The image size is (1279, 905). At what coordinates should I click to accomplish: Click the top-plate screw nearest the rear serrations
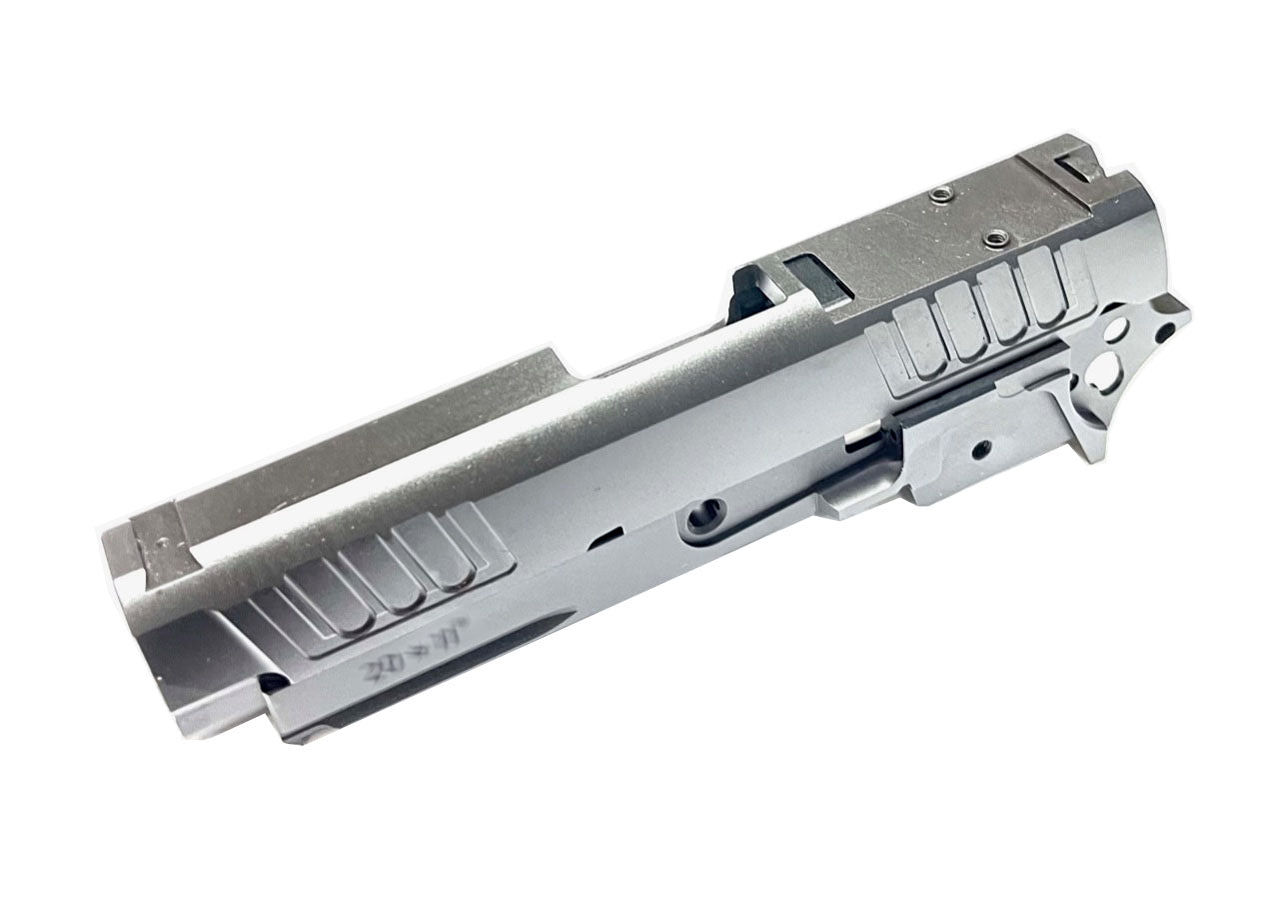(995, 238)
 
